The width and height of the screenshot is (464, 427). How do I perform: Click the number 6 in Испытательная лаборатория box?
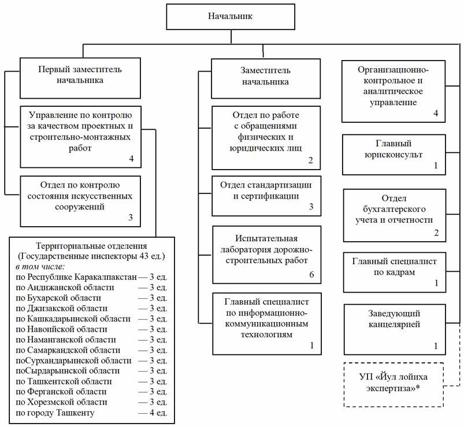(311, 275)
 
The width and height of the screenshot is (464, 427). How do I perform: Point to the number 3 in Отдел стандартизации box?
(310, 207)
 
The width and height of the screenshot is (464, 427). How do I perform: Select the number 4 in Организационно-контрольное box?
(436, 114)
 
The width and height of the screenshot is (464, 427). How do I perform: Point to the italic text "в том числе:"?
(40, 267)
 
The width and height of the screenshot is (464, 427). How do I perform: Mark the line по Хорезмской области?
(68, 402)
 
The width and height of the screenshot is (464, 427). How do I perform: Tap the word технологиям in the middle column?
(265, 334)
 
